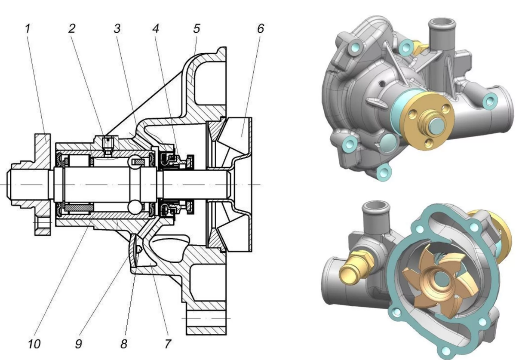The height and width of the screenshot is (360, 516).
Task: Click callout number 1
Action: (28, 29)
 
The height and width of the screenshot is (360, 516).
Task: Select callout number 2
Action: (71, 29)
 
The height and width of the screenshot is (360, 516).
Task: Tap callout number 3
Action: (117, 29)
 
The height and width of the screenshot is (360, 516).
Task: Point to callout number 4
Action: (156, 29)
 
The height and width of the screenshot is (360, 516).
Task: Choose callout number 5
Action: (197, 29)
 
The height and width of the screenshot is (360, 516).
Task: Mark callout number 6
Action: (260, 29)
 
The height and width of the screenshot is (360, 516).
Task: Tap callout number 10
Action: (34, 344)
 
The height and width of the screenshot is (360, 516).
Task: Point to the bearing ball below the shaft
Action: (136, 206)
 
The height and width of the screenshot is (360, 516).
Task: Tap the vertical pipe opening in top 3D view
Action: (441, 22)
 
